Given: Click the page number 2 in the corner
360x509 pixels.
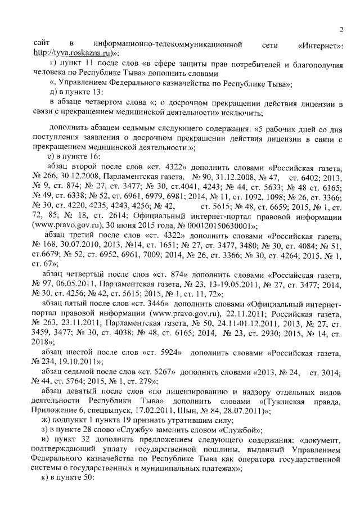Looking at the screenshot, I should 341,30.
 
